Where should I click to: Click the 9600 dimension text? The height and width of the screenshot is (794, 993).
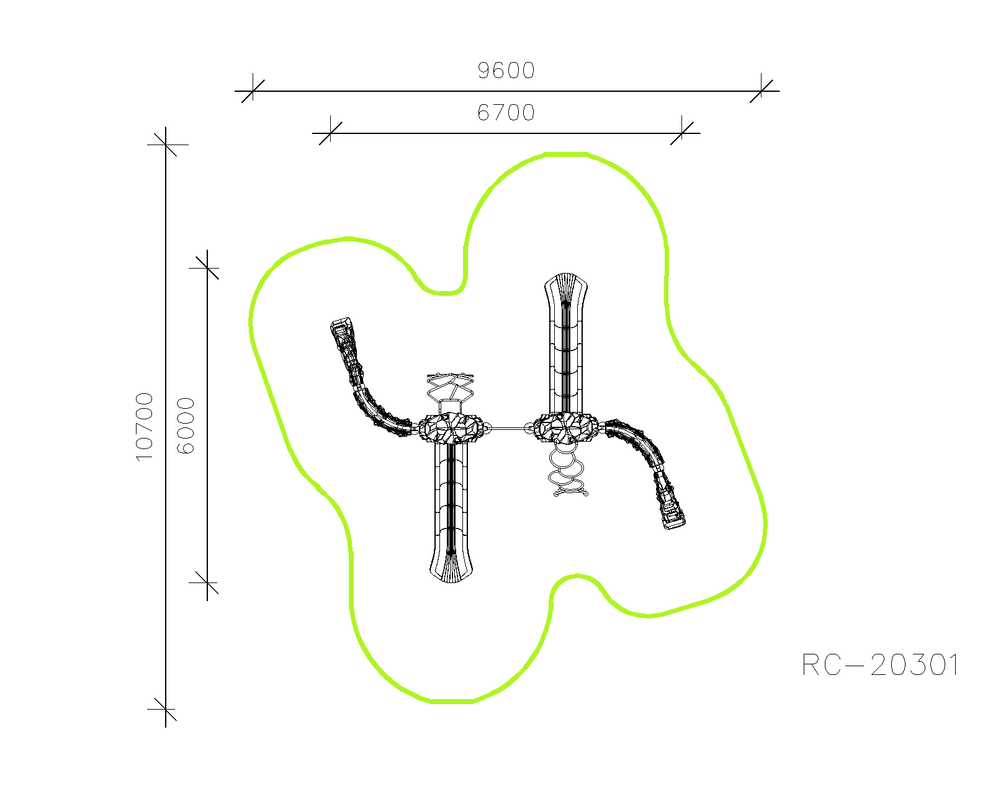click(x=506, y=71)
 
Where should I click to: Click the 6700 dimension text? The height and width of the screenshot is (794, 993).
click(x=506, y=112)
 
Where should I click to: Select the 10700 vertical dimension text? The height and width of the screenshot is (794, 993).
click(x=145, y=426)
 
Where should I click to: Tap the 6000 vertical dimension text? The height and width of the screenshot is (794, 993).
click(x=186, y=426)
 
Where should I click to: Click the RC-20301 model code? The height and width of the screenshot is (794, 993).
click(x=881, y=665)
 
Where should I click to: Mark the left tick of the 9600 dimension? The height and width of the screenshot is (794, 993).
click(x=253, y=91)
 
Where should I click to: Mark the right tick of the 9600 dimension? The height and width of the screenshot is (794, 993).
click(x=762, y=91)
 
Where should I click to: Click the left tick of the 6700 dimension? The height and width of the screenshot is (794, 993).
click(x=330, y=133)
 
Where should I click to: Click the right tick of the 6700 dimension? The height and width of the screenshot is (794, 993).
click(x=682, y=133)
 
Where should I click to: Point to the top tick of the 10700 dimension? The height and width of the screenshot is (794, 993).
click(x=166, y=145)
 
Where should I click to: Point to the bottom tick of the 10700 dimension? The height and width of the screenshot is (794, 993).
click(x=166, y=709)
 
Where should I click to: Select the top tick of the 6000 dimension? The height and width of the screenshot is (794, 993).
click(x=207, y=267)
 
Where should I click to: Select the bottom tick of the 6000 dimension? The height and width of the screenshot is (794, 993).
click(x=207, y=582)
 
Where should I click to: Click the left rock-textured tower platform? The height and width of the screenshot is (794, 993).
click(x=451, y=429)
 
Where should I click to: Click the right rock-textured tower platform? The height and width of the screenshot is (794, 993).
click(x=566, y=428)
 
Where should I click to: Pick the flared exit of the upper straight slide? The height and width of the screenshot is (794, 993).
click(x=566, y=289)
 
